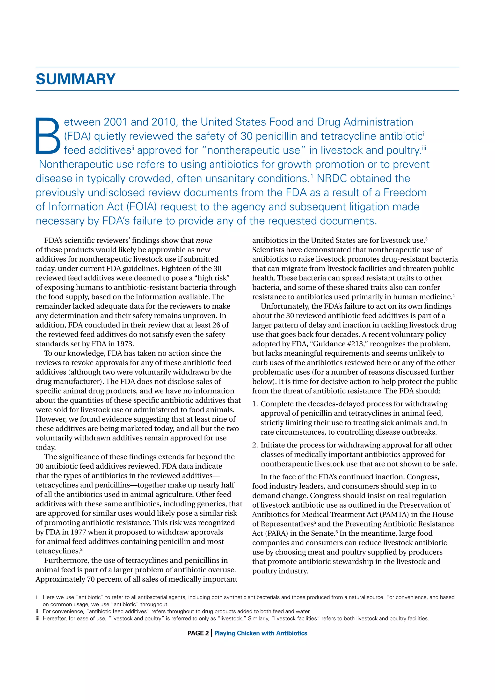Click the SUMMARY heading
click(76, 79)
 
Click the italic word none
click(204, 240)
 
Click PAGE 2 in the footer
click(198, 633)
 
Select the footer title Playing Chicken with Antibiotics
click(261, 633)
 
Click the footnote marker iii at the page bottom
click(37, 619)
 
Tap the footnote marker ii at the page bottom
click(37, 611)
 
